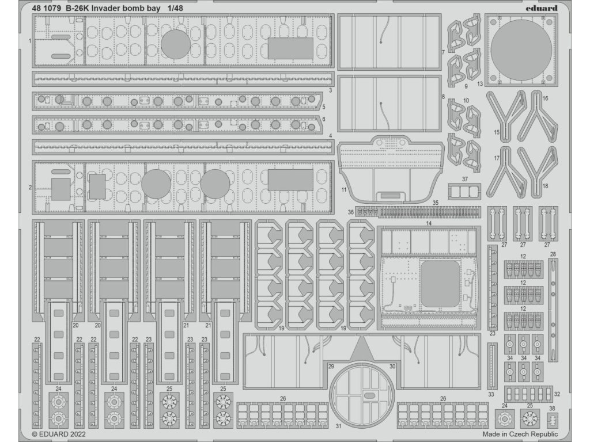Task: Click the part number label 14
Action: coord(428,222)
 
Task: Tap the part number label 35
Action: coord(436,203)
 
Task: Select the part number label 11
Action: coord(344,189)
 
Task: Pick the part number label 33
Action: coord(490,394)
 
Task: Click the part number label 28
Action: coord(553,254)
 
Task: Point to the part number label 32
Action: coord(557,394)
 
